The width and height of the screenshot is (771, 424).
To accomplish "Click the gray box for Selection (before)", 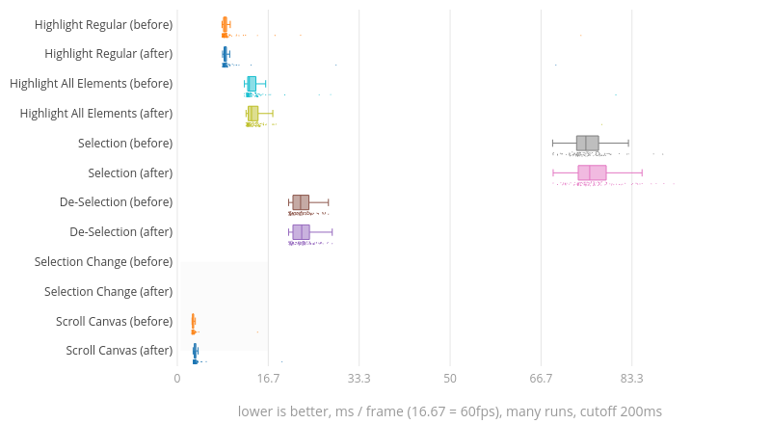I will [587, 144].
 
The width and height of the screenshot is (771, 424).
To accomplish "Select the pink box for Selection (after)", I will [592, 172].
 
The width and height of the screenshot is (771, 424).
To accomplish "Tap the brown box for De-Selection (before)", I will [301, 202].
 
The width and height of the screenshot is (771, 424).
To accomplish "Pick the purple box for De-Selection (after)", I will [301, 232].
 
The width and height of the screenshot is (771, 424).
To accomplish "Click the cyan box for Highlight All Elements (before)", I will [252, 84].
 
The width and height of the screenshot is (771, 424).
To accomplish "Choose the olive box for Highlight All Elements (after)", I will [253, 114].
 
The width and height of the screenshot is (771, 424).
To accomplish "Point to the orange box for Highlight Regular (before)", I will [225, 24].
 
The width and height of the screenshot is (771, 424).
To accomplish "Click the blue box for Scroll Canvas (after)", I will [196, 350].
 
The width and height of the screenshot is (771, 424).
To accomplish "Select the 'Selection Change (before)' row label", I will [103, 262].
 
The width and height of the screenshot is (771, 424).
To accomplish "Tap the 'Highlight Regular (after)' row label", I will [109, 54].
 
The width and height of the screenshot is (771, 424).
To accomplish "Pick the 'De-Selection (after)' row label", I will [121, 232].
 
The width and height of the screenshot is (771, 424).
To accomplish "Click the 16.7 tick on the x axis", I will [268, 380].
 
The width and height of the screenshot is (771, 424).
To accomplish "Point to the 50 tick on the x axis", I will [450, 380].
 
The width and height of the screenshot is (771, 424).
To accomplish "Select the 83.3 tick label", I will [632, 380].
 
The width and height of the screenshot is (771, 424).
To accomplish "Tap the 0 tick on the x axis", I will [177, 380].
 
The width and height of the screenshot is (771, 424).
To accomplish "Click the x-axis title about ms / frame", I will [450, 411].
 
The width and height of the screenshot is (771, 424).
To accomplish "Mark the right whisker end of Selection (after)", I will [642, 172].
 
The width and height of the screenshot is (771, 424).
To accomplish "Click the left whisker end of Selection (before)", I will [553, 144].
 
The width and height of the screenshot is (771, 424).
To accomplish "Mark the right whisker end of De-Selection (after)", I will [332, 232].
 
